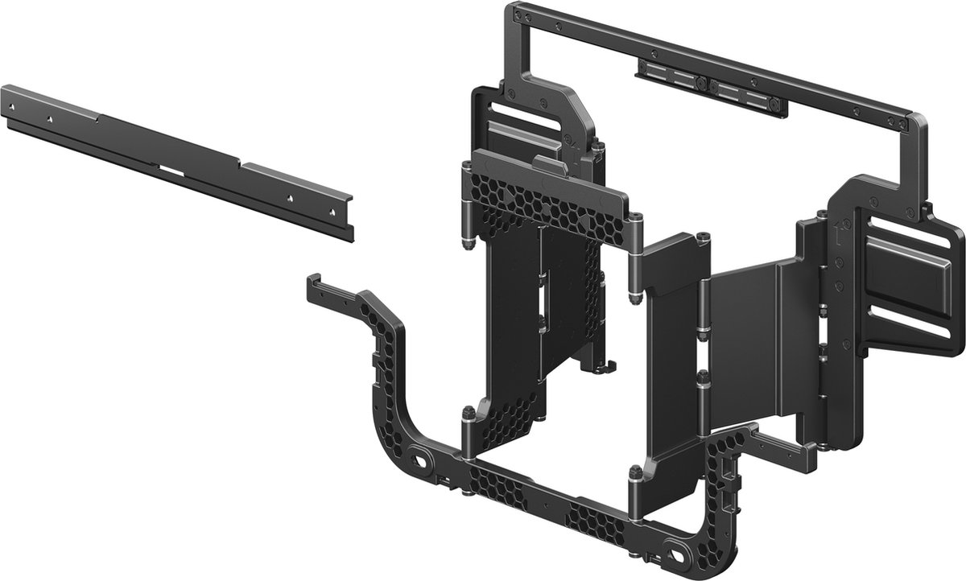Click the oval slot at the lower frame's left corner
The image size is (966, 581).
[x=419, y=462]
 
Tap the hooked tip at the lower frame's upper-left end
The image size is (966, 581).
[x=313, y=282]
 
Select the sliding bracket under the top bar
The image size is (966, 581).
[x=708, y=86]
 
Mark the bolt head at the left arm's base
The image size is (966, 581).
[x=468, y=415]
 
